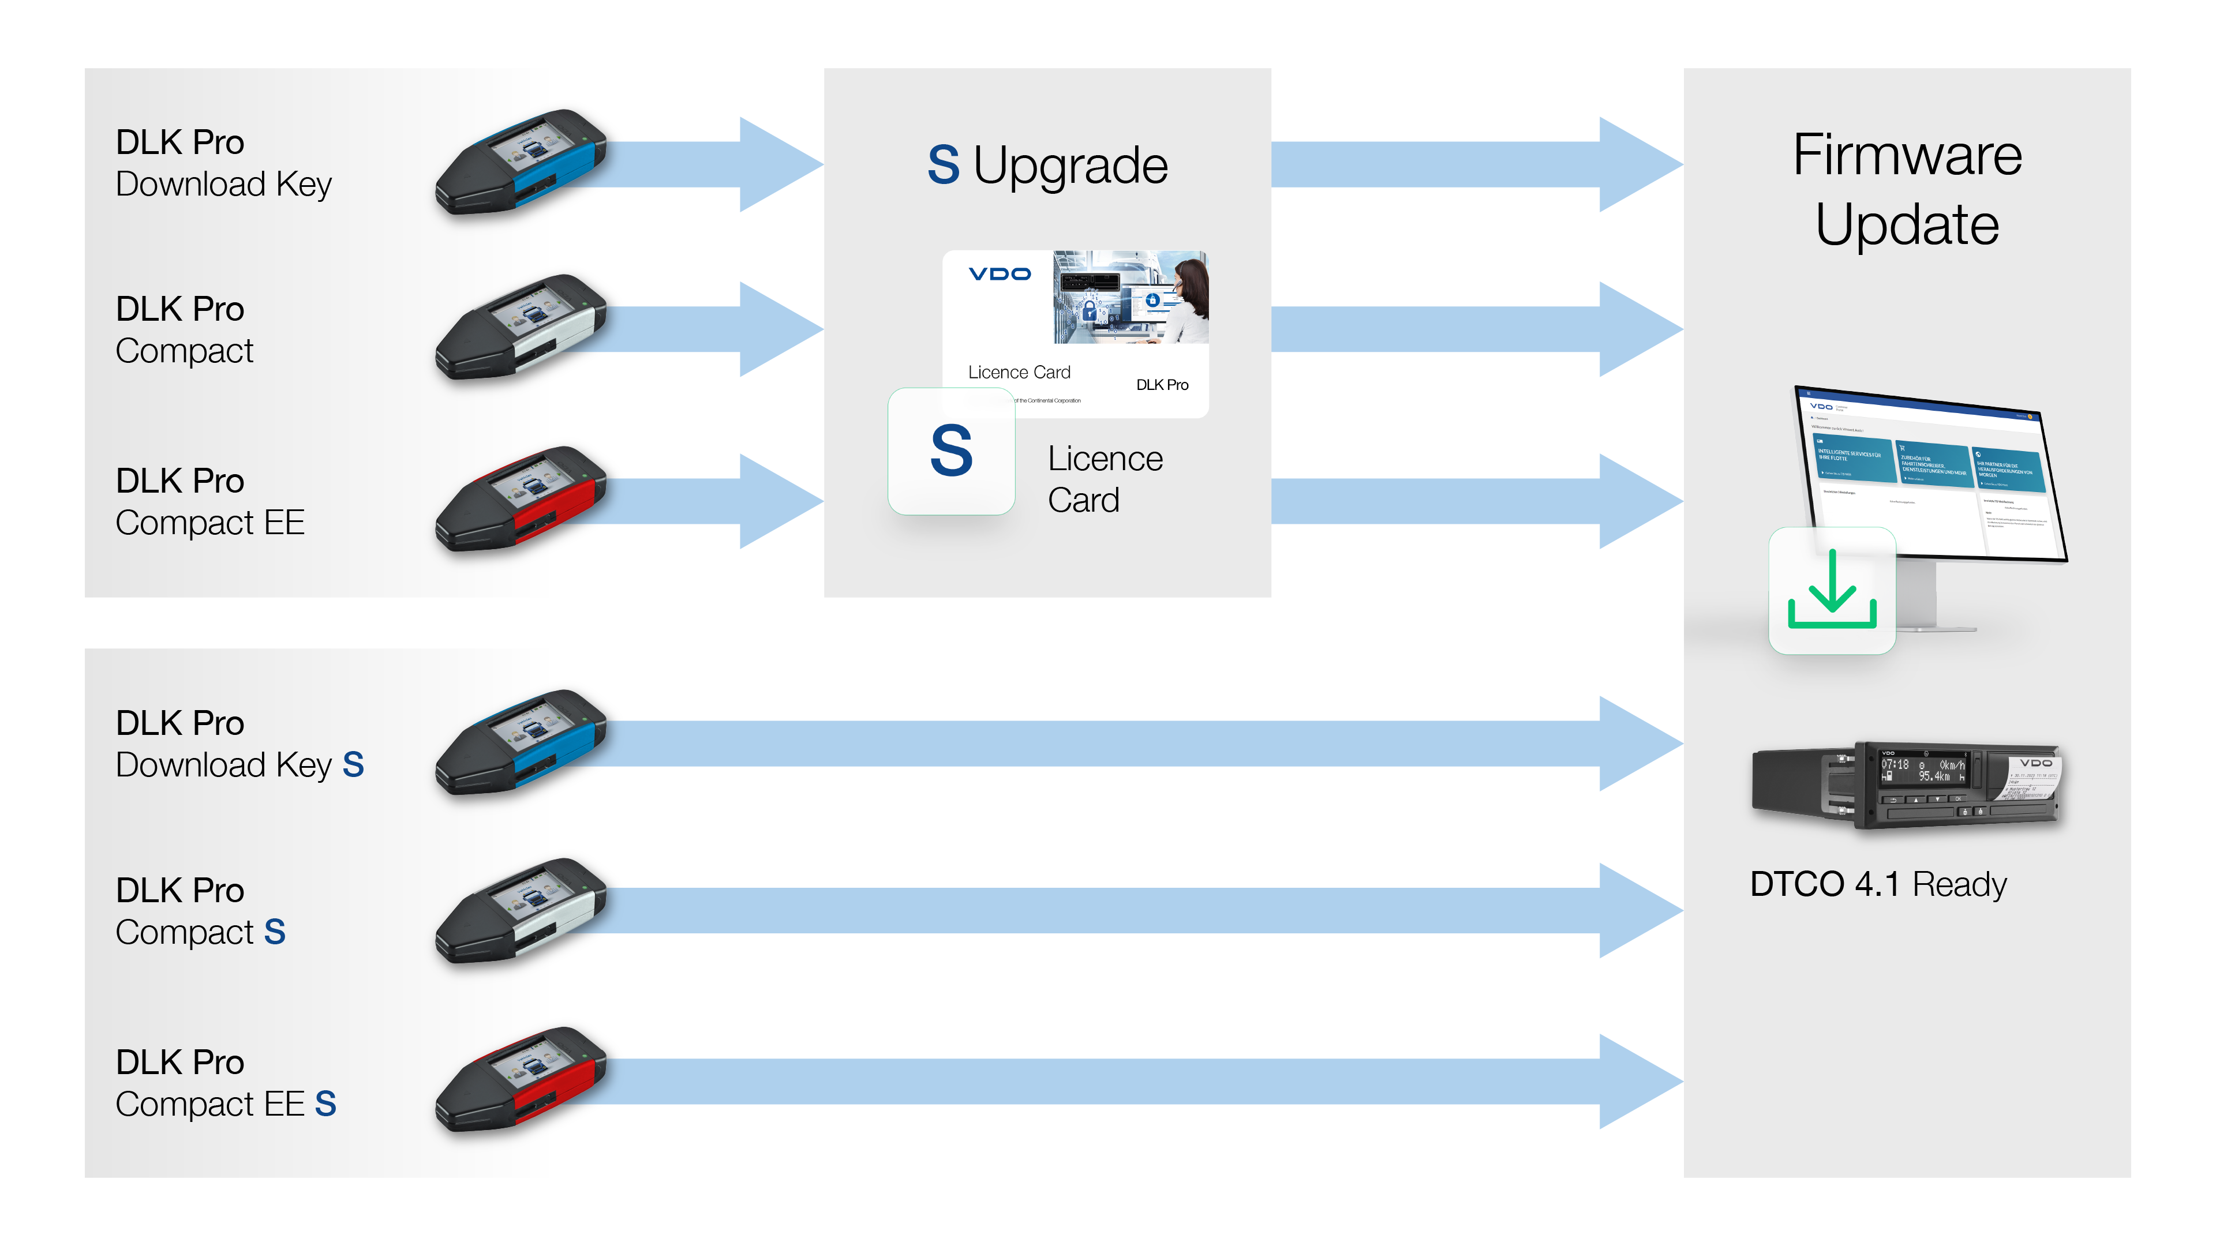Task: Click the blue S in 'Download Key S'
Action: coord(353,764)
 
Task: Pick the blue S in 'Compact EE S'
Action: coord(325,1104)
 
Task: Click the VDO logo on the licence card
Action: coord(999,275)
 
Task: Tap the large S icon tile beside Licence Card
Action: coord(952,452)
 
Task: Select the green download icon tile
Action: coord(1832,591)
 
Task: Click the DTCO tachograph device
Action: coord(1906,785)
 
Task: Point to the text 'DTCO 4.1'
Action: coord(1824,884)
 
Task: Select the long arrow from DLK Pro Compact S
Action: coord(1118,910)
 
